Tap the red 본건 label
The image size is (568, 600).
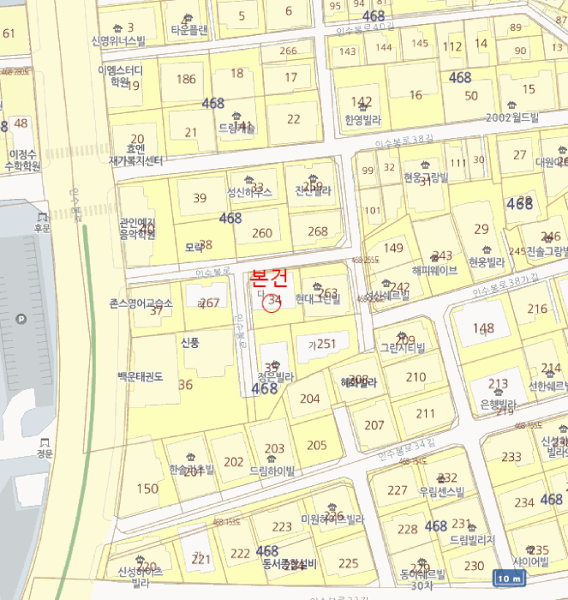pos(268,278)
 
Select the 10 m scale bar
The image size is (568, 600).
pos(510,578)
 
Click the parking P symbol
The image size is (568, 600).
pos(21,320)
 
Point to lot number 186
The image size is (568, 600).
pos(186,80)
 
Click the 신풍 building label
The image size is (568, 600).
pos(189,342)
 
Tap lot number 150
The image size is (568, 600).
pos(147,489)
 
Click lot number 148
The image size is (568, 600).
pos(484,328)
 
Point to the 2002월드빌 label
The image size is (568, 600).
pos(511,117)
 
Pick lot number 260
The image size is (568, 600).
pos(262,233)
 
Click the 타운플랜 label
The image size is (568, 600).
pos(189,29)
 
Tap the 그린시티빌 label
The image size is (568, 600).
pos(403,349)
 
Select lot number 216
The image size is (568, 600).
pos(537,309)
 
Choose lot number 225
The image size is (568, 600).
pos(349,563)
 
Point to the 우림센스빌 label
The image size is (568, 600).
pos(439,492)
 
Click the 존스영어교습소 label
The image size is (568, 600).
pos(141,303)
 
